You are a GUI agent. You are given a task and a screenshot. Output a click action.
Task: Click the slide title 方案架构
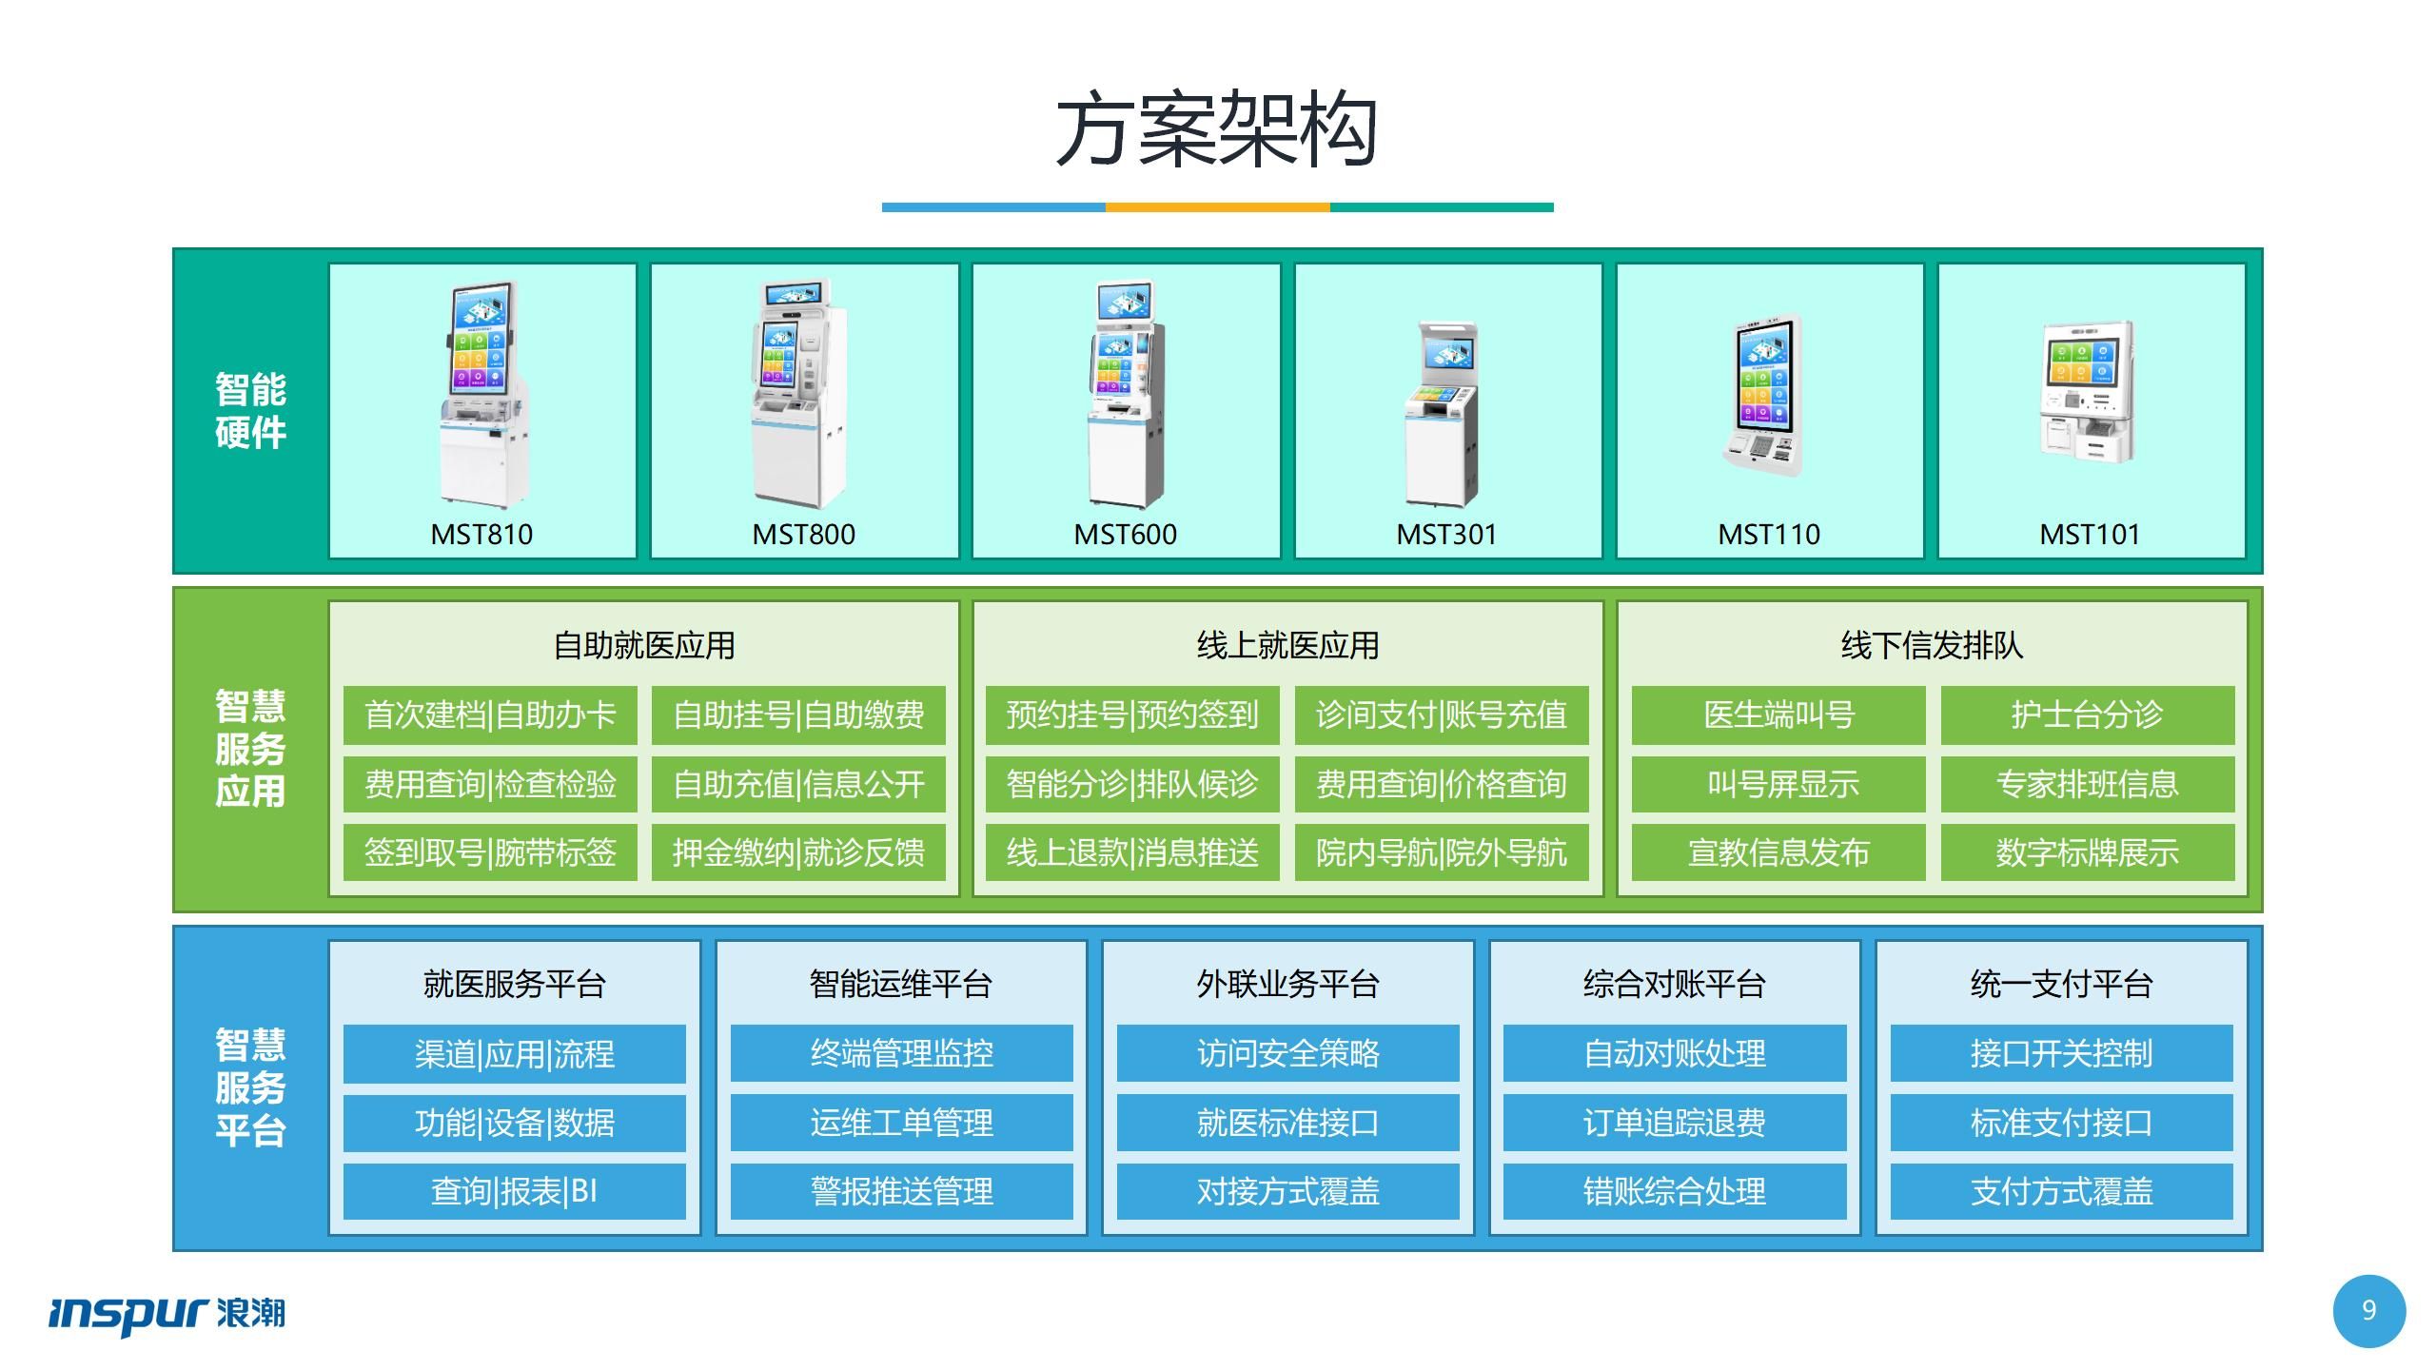tap(1217, 130)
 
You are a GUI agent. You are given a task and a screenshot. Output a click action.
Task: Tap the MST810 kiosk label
tap(481, 535)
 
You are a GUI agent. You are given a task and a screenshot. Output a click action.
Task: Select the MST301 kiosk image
tap(1443, 412)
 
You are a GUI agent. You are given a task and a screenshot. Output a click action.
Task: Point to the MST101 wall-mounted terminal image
tap(2088, 392)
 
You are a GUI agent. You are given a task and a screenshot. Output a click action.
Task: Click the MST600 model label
tap(1125, 535)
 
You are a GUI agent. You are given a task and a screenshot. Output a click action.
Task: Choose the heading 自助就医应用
tap(644, 645)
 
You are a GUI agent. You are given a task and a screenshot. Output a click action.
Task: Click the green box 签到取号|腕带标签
tap(490, 852)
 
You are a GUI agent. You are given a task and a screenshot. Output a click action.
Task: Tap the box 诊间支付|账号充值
tap(1441, 714)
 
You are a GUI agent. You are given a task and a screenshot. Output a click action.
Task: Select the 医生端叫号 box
tap(1778, 714)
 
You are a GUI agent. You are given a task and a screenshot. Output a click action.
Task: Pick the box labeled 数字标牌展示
tap(2087, 852)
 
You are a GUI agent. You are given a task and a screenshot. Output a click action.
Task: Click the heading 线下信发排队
tap(1932, 645)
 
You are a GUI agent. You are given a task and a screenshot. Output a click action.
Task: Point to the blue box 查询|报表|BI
tap(514, 1191)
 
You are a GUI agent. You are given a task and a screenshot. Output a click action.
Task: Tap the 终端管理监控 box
tap(901, 1053)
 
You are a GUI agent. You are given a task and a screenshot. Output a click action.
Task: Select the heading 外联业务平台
tap(1287, 984)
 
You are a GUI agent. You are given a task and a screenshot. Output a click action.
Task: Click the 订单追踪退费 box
tap(1674, 1123)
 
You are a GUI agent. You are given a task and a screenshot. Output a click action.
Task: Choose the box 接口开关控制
tap(2061, 1053)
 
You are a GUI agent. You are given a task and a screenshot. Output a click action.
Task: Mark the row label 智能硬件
tap(250, 410)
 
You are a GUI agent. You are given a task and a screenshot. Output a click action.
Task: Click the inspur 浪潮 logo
tap(167, 1313)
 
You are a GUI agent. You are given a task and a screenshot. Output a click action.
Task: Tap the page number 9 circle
tap(2368, 1311)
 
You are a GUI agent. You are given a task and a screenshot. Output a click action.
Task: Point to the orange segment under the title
tap(1217, 206)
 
